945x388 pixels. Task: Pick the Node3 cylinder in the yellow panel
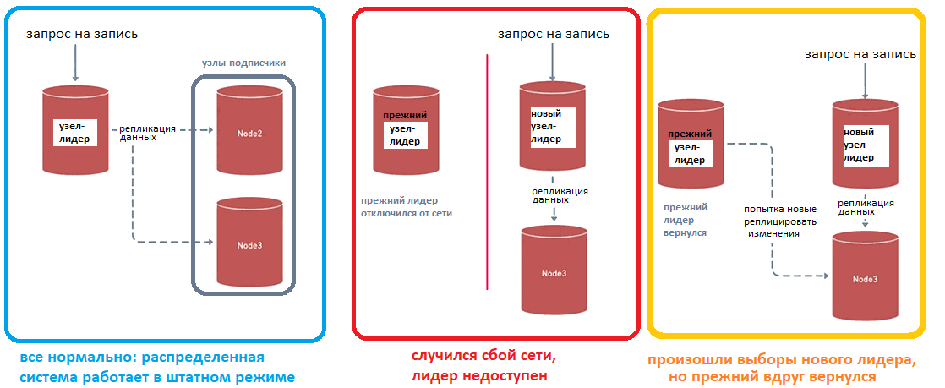coord(864,277)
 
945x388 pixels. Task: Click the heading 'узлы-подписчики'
coord(244,63)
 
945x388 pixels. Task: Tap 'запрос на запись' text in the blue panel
coord(82,35)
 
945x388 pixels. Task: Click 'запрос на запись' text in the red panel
coord(554,35)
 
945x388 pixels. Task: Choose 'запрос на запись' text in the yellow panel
coord(860,54)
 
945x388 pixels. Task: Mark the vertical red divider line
coord(488,169)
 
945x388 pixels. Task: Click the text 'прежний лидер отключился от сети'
coord(407,207)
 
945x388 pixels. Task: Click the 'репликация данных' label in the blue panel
coord(147,133)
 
